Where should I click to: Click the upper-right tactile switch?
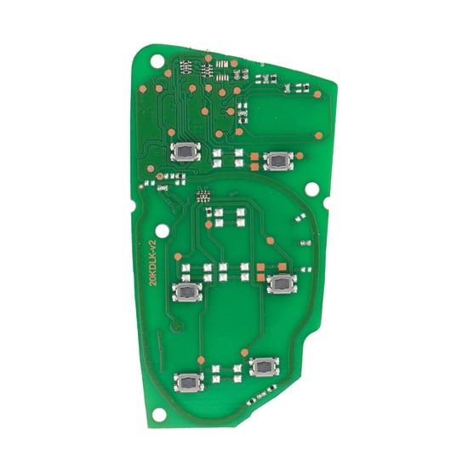(277, 159)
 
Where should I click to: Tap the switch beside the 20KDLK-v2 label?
(186, 292)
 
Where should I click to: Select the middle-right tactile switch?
(280, 284)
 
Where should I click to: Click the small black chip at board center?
(203, 195)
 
